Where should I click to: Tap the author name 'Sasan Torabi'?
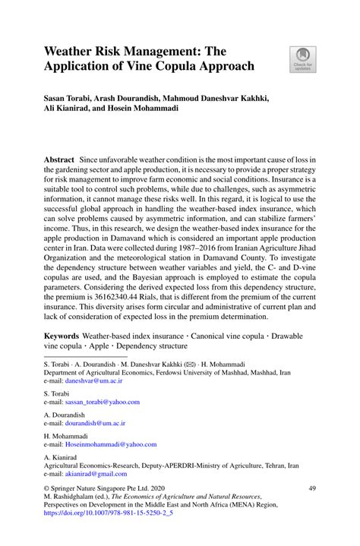point(71,99)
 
